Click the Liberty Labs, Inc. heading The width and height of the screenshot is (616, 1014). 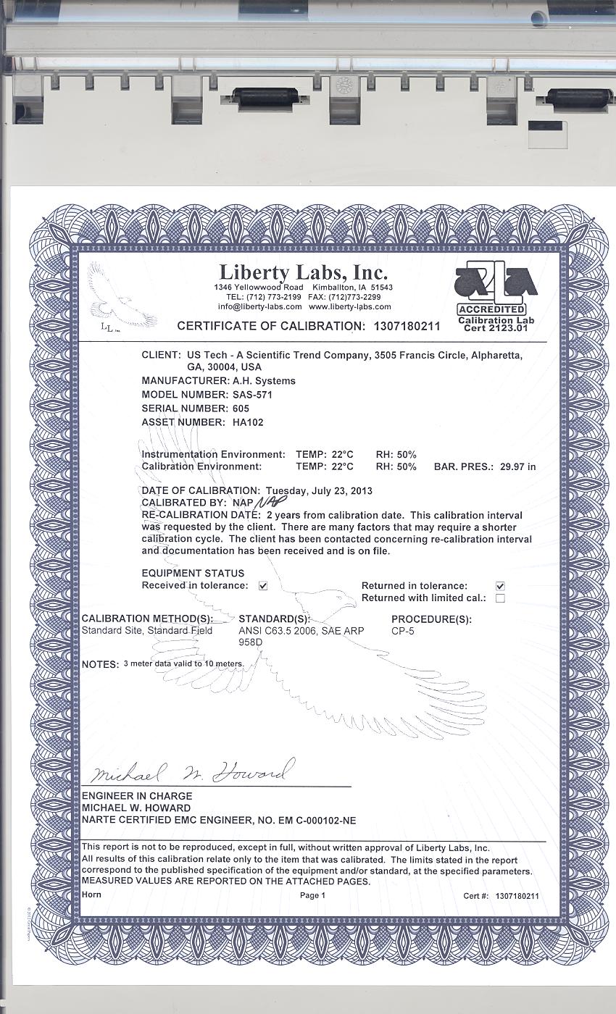point(303,273)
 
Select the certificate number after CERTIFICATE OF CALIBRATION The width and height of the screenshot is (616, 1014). point(407,326)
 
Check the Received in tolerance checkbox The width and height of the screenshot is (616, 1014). point(263,586)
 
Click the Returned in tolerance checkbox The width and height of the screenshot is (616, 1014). point(500,586)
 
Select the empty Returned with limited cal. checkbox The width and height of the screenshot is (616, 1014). point(500,598)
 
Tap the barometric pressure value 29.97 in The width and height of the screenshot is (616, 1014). point(517,467)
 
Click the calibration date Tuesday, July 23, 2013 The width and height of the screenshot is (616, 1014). point(319,491)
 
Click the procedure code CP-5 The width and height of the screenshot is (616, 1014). point(403,631)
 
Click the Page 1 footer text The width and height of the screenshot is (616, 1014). point(312,895)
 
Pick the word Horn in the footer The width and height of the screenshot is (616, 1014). point(91,894)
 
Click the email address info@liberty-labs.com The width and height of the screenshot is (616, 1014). point(259,306)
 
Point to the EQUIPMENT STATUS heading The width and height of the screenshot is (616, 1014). point(193,574)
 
